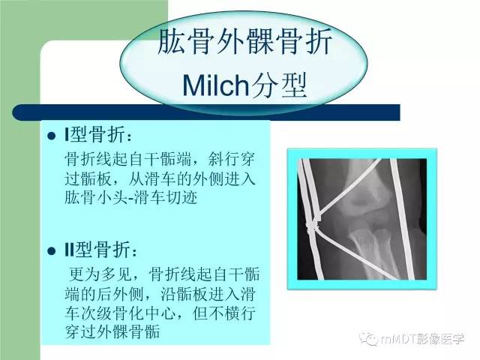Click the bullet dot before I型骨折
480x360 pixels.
coord(51,136)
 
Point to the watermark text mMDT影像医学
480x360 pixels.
coord(424,338)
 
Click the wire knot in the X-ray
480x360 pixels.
coord(314,223)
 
